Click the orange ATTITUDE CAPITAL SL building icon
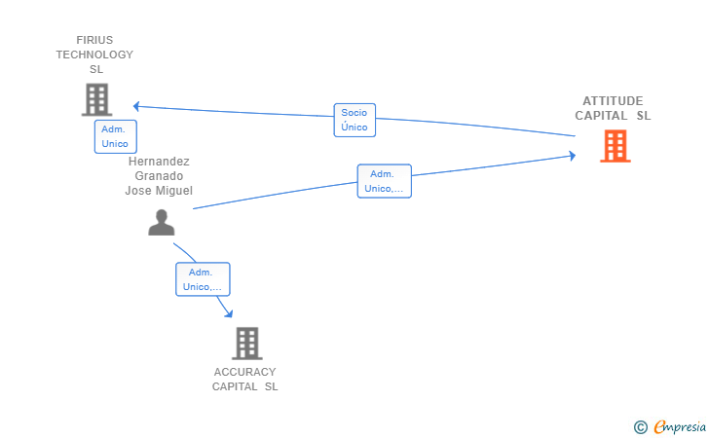615,146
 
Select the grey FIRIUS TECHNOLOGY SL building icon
96,99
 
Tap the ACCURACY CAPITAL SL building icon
247,344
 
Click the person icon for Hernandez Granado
162,222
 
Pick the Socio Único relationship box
354,121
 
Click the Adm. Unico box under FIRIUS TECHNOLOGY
115,136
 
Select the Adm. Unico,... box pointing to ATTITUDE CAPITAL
385,181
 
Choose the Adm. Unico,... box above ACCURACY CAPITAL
203,279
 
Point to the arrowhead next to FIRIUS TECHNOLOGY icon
136,106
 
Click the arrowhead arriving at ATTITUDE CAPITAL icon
573,156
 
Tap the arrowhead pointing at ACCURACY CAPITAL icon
229,313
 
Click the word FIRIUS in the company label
94,40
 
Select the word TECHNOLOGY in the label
94,55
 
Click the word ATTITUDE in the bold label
613,101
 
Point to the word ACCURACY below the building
244,372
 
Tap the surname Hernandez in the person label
159,162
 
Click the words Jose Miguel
159,191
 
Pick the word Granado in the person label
159,176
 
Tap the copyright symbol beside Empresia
640,427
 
